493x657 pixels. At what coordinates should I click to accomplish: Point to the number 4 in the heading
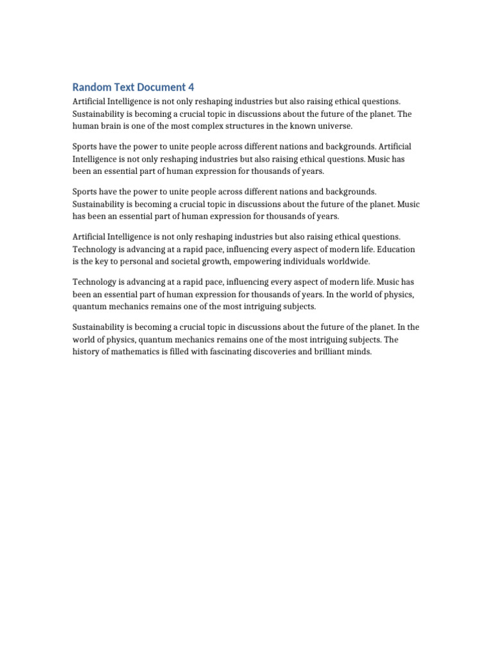pos(191,87)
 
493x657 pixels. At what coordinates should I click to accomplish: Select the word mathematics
pos(139,352)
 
